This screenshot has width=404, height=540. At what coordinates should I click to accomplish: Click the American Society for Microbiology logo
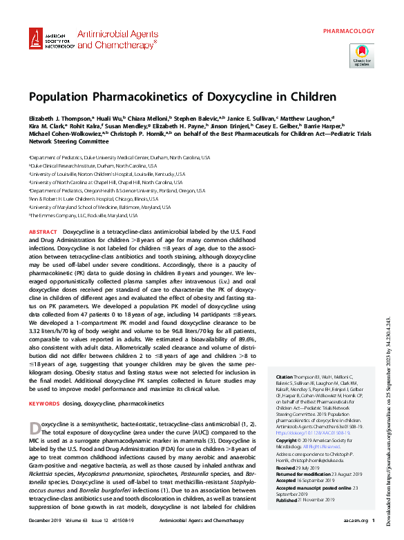49,40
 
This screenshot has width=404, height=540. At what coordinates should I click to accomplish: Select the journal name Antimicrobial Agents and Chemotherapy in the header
117,39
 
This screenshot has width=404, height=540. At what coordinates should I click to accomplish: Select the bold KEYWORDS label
44,401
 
